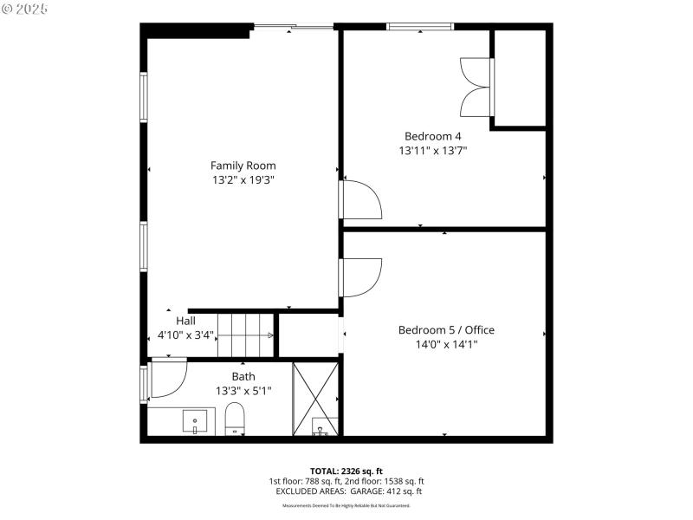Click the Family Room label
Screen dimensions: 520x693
pos(243,165)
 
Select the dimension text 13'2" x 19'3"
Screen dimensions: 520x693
pos(243,179)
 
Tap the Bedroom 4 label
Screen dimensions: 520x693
pos(433,136)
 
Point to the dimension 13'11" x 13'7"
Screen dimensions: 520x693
pos(433,151)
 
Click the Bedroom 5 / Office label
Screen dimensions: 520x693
pos(446,329)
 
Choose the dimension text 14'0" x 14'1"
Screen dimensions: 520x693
pos(446,344)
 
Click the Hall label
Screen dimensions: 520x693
pos(185,320)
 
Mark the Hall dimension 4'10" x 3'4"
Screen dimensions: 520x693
pos(185,335)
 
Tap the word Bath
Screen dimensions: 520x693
pos(243,376)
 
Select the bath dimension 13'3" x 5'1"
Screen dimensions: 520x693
pos(243,391)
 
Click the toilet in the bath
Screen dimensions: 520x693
pos(236,420)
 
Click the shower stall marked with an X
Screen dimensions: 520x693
pos(315,398)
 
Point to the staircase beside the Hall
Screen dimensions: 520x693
pos(245,335)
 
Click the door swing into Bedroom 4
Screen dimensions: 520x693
pos(361,199)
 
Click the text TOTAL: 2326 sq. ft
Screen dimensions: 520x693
pos(346,470)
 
